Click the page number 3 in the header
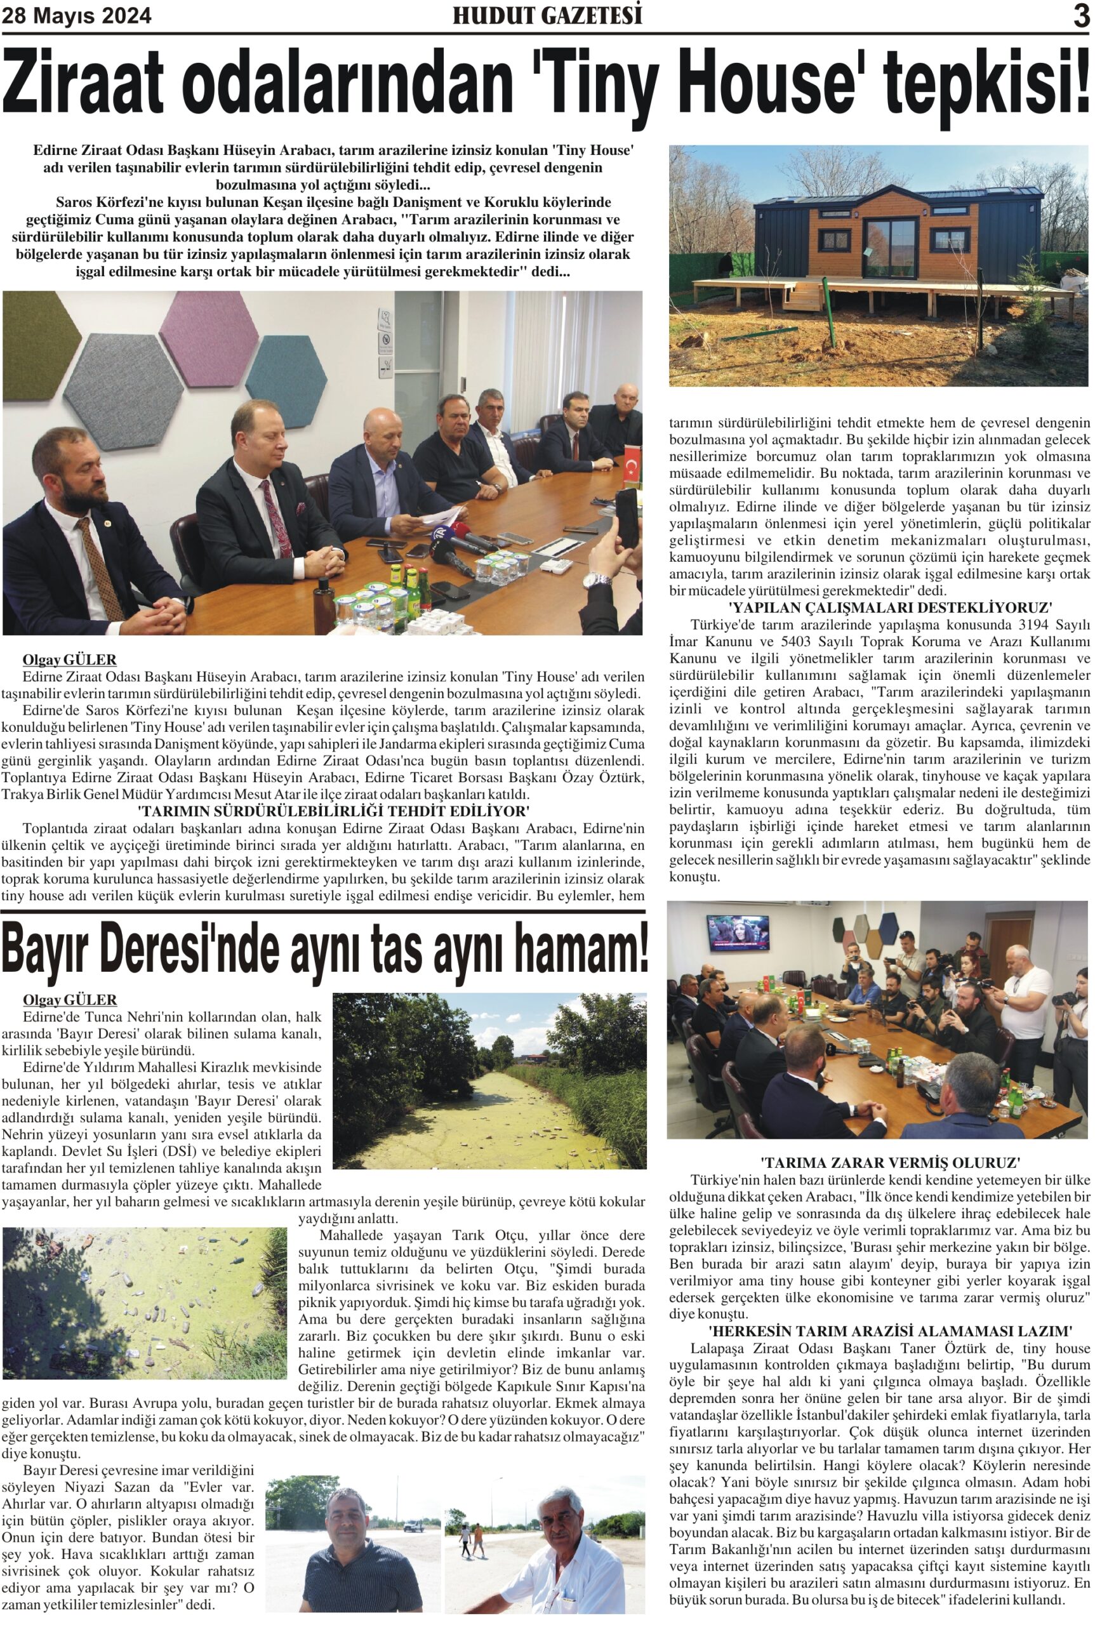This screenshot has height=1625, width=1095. pos(1081,15)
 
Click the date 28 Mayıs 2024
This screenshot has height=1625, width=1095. pos(76,16)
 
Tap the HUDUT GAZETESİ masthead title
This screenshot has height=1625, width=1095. pos(547,15)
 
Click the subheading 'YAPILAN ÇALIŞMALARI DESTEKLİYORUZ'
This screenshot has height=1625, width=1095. pos(890,607)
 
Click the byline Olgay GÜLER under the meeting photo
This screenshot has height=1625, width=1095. pos(69,660)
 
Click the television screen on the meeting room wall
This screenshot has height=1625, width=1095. pos(738,932)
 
